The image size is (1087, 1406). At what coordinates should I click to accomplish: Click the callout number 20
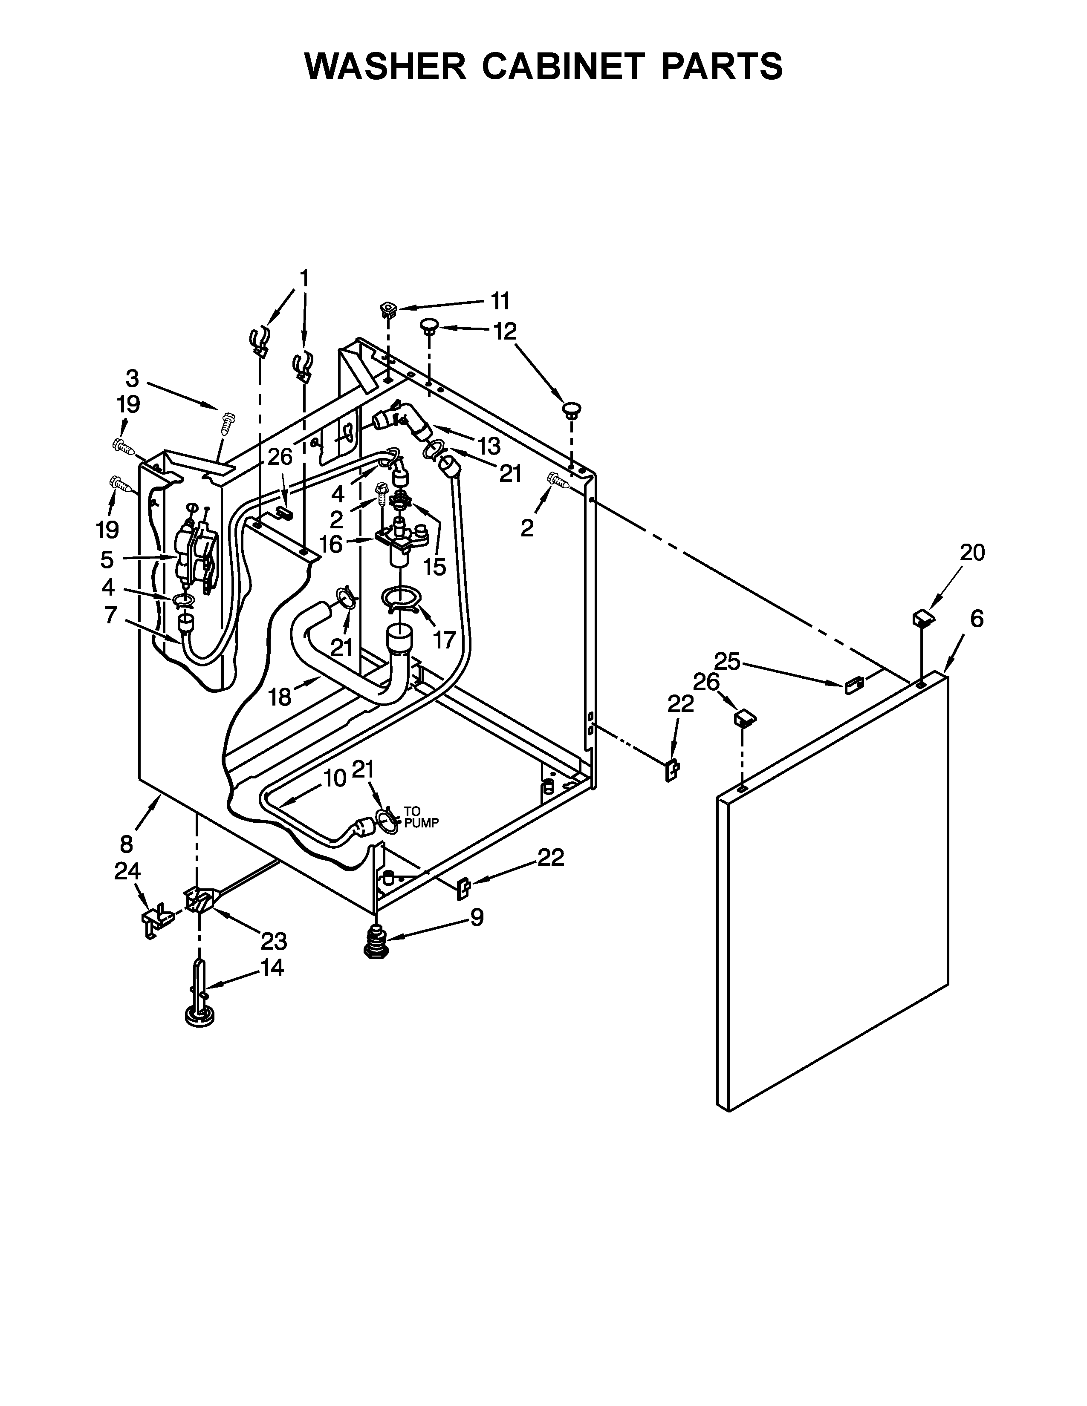(x=972, y=552)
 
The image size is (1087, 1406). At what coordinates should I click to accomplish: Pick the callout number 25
(x=728, y=661)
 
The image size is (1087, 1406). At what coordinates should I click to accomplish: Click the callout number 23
(x=274, y=941)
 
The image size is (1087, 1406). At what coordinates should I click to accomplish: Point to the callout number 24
(x=127, y=871)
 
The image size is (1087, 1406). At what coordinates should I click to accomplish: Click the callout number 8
(x=126, y=843)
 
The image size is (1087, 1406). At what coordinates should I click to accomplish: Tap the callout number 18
(x=280, y=697)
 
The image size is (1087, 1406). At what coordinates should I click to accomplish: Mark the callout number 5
(x=107, y=559)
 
